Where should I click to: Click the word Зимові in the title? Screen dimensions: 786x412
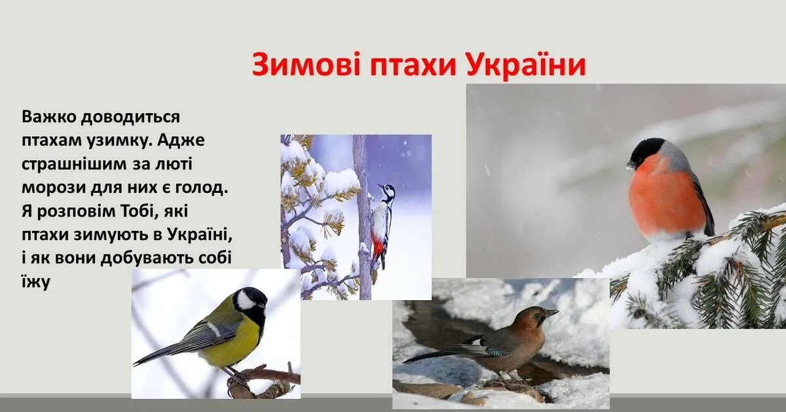coord(306,65)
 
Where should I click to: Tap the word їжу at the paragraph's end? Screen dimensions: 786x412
coord(36,282)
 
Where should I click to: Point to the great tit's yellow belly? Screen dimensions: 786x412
coord(235,345)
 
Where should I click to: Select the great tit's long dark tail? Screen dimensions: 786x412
coord(158,354)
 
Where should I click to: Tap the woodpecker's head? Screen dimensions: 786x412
coord(388,192)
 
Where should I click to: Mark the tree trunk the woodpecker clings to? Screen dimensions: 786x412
coord(363,217)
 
